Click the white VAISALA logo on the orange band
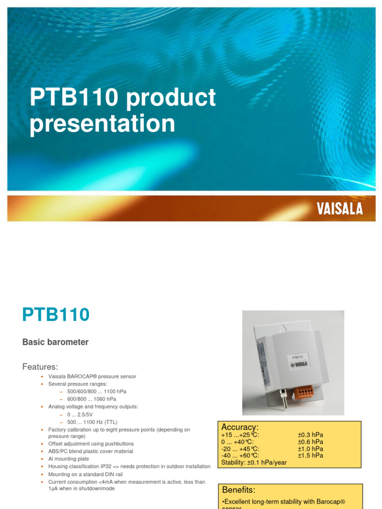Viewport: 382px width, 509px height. point(340,209)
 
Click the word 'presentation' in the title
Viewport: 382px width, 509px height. point(102,124)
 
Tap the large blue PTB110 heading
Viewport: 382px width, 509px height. point(56,315)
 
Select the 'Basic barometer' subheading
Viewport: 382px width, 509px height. point(56,342)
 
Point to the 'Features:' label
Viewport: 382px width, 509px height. point(40,367)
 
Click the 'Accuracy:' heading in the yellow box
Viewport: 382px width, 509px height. point(240,427)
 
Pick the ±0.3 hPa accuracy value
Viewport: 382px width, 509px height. point(310,435)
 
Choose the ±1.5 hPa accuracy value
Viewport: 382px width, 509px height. point(310,455)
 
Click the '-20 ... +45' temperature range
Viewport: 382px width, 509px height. point(240,448)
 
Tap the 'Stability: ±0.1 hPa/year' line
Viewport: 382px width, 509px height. point(254,462)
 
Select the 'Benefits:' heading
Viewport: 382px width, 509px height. point(239,490)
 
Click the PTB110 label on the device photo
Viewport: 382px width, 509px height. point(298,357)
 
